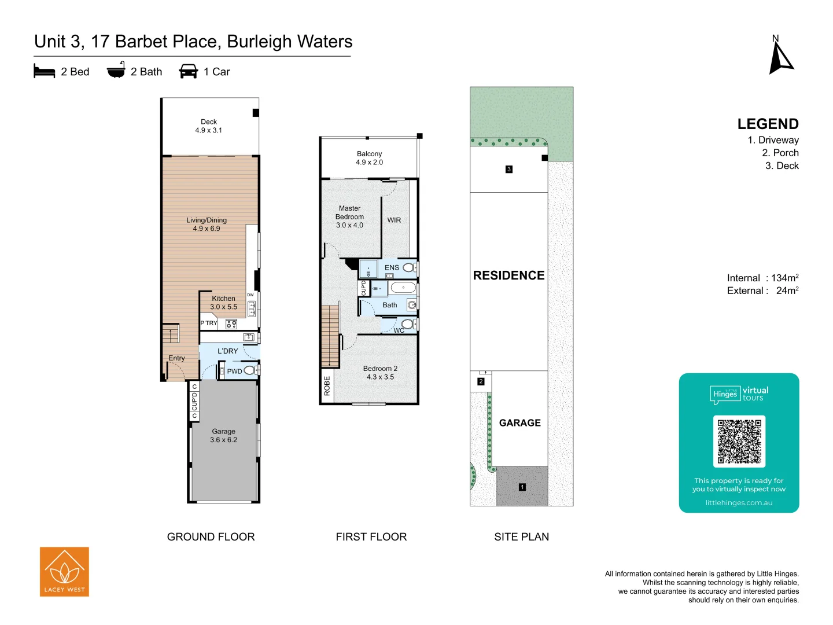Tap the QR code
739,441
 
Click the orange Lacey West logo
64,572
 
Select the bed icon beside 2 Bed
45,71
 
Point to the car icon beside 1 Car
189,71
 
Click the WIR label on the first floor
394,220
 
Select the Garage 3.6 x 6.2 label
223,436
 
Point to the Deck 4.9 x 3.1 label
209,126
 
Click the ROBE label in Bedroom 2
327,386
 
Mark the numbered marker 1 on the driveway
522,487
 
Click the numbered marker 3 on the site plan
509,170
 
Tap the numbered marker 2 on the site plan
481,381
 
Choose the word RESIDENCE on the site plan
508,275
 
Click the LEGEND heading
768,124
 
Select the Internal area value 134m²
784,278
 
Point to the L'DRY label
227,351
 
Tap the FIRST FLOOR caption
371,537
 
